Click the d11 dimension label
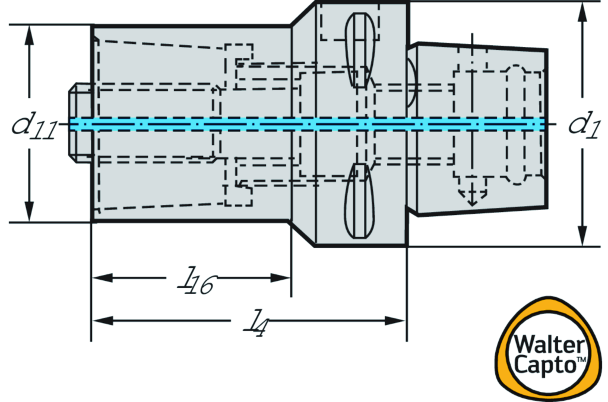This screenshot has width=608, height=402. [34, 126]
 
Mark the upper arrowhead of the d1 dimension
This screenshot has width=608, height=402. [583, 11]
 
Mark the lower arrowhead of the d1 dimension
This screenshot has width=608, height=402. [583, 236]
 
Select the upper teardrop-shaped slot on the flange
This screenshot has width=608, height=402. [361, 48]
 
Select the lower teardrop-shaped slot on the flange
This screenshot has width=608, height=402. [361, 202]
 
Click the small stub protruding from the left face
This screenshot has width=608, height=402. [80, 124]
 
